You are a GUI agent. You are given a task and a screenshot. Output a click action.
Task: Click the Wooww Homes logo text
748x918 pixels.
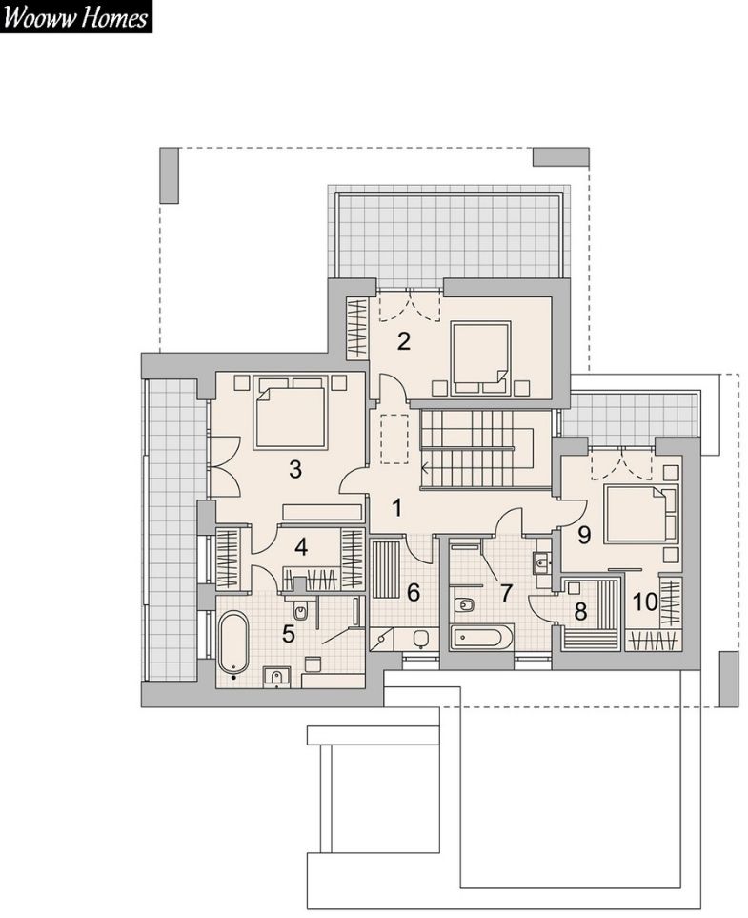tap(75, 17)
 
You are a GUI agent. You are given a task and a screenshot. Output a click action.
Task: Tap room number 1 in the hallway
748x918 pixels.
tap(397, 508)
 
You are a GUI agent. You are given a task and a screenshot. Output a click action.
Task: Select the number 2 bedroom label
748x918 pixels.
tap(404, 341)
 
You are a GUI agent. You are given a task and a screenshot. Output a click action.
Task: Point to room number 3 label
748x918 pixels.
tap(295, 469)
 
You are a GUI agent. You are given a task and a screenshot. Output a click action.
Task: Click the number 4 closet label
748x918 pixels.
tap(301, 547)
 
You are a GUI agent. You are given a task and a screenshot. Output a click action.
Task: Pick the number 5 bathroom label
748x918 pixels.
tap(288, 634)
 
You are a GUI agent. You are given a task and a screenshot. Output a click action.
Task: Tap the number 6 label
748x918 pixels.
tap(414, 593)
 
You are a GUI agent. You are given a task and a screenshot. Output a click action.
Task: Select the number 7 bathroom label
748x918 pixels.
tap(506, 593)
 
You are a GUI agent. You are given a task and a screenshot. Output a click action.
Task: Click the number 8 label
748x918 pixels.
tap(580, 612)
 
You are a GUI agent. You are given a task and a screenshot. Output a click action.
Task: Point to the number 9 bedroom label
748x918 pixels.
tap(583, 535)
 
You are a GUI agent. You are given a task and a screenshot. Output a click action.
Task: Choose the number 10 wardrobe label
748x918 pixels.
tap(646, 602)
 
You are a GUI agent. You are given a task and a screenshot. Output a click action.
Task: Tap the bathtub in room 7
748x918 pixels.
tap(482, 637)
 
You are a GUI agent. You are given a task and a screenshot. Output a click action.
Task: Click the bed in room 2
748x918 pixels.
tap(481, 356)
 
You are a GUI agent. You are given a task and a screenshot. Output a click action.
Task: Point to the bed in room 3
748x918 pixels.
tap(290, 414)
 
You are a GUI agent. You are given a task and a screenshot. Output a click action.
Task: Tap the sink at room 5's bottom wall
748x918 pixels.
tap(275, 678)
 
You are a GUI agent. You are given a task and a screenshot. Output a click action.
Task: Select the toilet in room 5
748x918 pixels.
tap(300, 610)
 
